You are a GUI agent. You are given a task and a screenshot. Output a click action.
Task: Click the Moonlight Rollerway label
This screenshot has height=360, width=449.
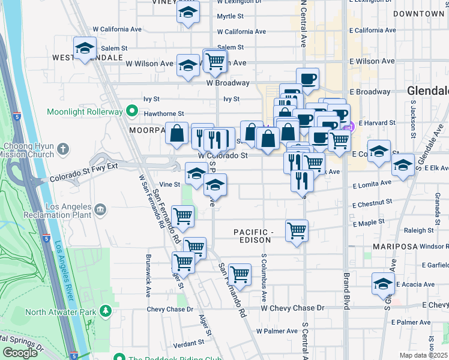coord(84,112)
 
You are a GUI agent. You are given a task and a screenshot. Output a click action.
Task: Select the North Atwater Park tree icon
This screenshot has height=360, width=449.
coord(106,311)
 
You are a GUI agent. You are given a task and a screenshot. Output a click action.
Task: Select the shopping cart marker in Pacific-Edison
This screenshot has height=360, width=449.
coord(297,230)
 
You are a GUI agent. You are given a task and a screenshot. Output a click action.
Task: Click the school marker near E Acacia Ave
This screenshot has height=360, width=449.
coord(382,283)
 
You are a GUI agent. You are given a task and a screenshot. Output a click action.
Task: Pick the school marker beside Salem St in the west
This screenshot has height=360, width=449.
coord(85,47)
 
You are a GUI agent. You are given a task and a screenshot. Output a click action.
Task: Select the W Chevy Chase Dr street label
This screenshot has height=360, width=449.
coord(292,308)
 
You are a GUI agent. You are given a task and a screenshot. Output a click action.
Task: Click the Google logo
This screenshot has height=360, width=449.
coord(20,352)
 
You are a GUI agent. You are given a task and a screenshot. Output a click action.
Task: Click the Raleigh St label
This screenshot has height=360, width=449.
coord(419,230)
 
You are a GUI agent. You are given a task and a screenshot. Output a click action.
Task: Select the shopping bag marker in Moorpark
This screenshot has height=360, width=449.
coord(178,134)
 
